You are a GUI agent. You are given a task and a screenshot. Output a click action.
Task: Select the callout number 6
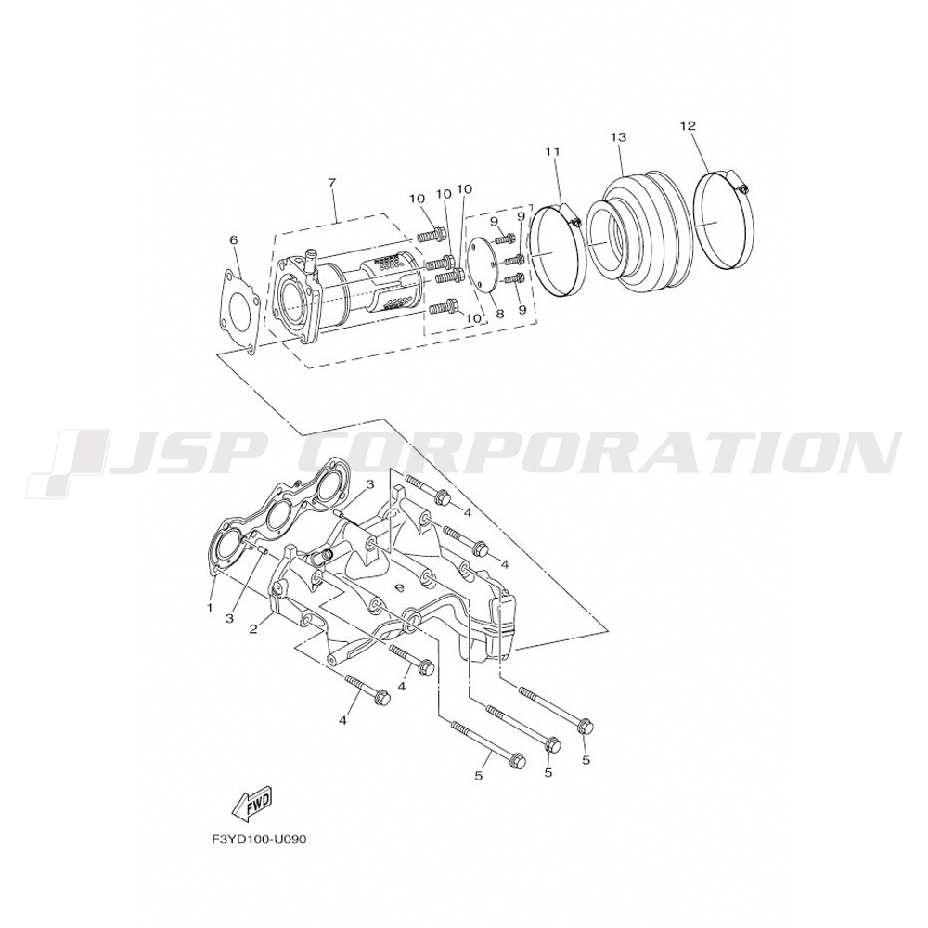pyautogui.click(x=233, y=240)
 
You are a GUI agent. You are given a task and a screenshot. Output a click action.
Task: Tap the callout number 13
pyautogui.click(x=619, y=137)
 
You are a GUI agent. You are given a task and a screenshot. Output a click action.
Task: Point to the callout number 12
pyautogui.click(x=687, y=124)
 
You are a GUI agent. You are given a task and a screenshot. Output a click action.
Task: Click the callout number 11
pyautogui.click(x=553, y=151)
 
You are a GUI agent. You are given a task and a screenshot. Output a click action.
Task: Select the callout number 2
pyautogui.click(x=252, y=629)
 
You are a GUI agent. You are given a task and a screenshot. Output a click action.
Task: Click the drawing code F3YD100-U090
pyautogui.click(x=259, y=839)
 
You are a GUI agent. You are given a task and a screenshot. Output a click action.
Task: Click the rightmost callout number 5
pyautogui.click(x=586, y=759)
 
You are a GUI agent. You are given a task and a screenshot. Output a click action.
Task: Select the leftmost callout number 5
pyautogui.click(x=479, y=776)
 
